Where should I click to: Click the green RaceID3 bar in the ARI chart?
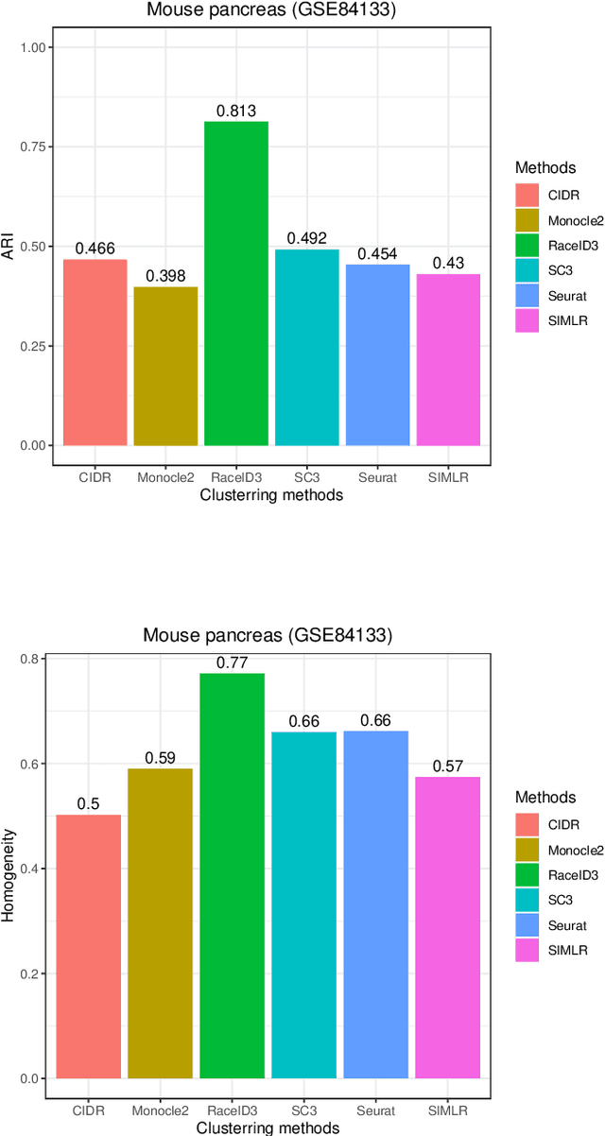pos(235,284)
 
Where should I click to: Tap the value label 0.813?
pos(235,112)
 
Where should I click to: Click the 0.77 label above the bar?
pos(232,663)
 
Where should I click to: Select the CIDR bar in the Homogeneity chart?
pos(89,946)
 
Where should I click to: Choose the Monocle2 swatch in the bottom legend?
pos(527,849)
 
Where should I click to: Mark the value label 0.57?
pos(448,767)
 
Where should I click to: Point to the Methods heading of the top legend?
pos(545,167)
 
